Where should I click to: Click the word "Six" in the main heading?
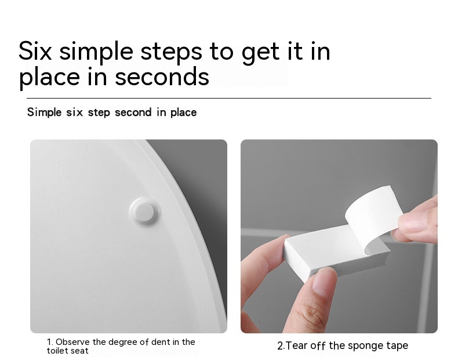[35, 51]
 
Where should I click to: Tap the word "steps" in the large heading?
[171, 52]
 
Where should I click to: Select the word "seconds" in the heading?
[162, 77]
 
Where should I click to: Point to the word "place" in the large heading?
[49, 78]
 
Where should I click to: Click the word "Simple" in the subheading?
[45, 112]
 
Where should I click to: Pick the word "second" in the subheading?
[133, 112]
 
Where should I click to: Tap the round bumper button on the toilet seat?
[144, 211]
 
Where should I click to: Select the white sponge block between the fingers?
[333, 253]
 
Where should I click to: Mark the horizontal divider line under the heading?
[229, 99]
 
